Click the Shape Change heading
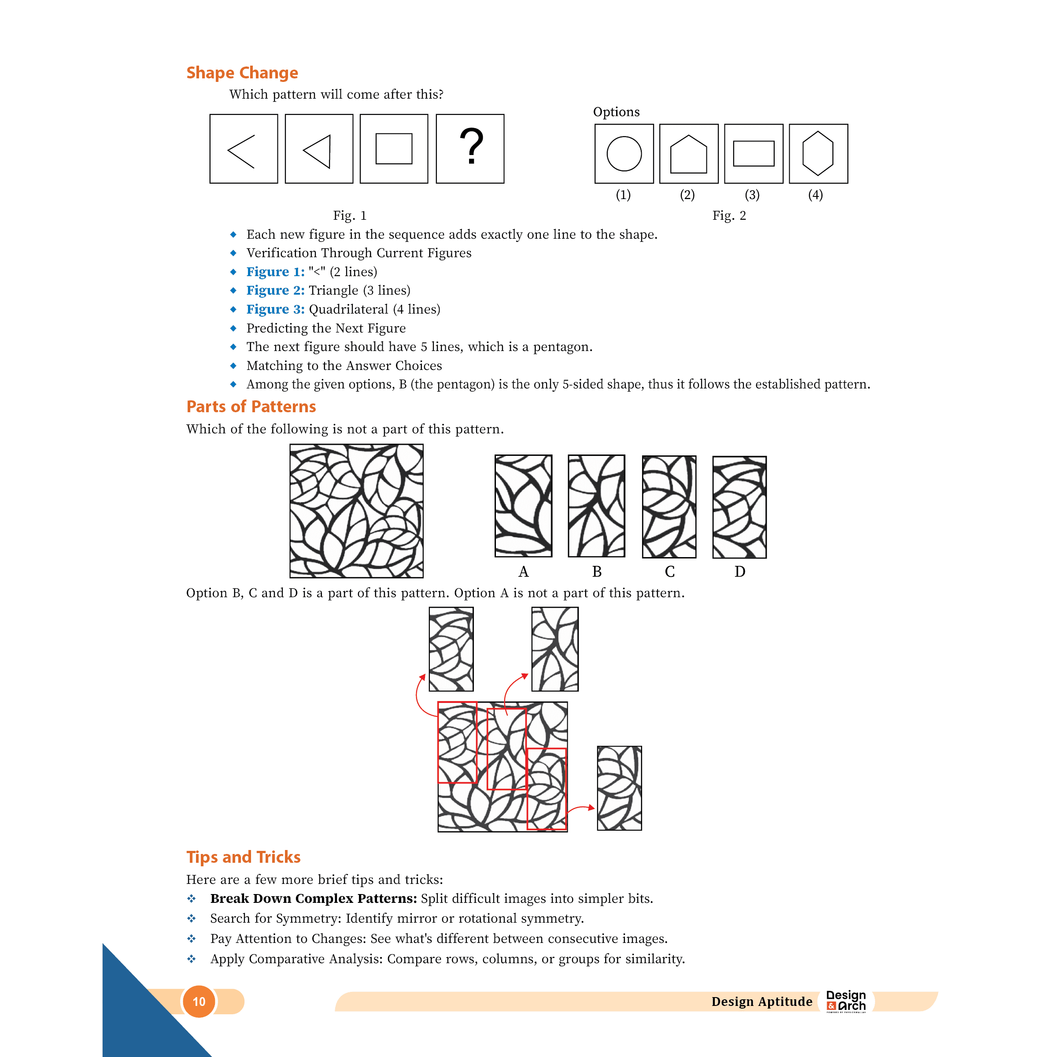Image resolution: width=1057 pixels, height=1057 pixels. coord(242,73)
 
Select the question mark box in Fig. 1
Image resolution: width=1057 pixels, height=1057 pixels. coord(470,148)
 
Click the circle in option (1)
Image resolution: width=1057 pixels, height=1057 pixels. coord(624,154)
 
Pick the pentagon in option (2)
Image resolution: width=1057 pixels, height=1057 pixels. coord(688,155)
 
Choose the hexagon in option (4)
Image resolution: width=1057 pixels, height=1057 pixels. coord(818,153)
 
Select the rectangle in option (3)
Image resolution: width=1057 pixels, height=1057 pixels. coord(754,154)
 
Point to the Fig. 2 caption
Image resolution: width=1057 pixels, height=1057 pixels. coord(729,215)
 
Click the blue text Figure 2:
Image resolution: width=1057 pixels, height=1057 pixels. coord(275,291)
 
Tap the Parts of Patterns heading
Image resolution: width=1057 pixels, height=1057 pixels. coord(251,407)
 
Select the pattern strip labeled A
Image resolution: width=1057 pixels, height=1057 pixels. coord(523,506)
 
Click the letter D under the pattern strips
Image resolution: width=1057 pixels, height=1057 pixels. coord(740,572)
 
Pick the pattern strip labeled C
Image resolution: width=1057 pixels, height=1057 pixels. coord(669,506)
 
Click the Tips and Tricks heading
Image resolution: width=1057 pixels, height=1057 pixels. coord(244,857)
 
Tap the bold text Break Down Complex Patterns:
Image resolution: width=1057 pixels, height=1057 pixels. coord(314,899)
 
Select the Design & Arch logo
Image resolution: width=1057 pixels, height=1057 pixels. coord(846,1001)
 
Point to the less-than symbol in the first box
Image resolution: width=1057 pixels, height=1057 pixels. coord(241,151)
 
